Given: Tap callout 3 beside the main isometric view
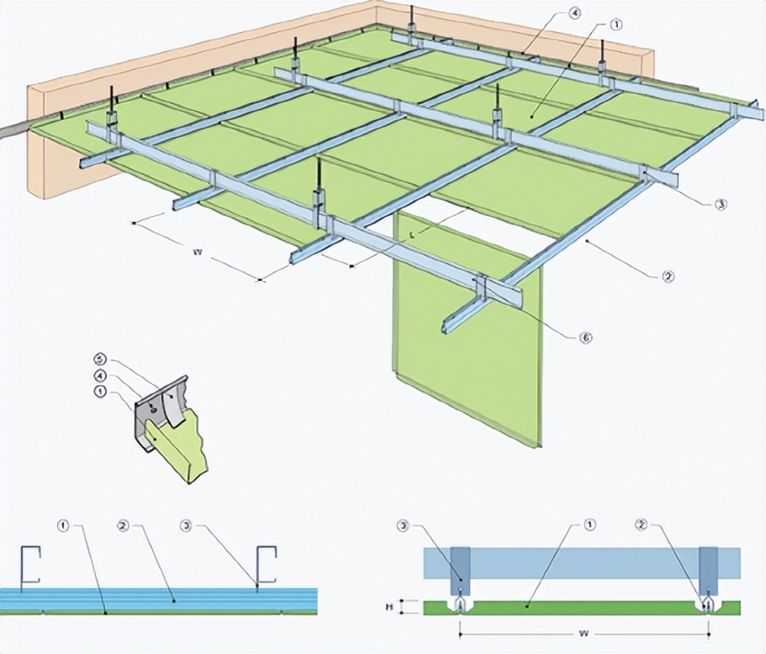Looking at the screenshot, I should click(x=720, y=205).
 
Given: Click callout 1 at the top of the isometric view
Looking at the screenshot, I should click(x=616, y=25).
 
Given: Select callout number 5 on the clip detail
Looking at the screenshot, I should click(x=100, y=358).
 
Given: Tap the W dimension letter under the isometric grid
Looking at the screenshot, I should click(x=198, y=253).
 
